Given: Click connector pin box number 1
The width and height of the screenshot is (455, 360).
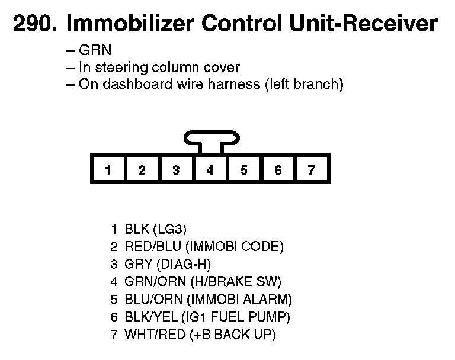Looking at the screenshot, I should pyautogui.click(x=108, y=171).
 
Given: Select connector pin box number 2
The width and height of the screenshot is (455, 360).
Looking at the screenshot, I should pyautogui.click(x=142, y=171).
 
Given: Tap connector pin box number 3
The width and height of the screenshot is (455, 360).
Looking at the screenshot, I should pyautogui.click(x=176, y=171).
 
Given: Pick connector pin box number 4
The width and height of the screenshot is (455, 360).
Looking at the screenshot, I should pyautogui.click(x=210, y=171).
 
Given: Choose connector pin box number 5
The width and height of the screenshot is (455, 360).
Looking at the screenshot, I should pyautogui.click(x=244, y=171).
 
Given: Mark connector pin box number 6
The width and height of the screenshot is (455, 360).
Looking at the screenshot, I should pyautogui.click(x=278, y=171).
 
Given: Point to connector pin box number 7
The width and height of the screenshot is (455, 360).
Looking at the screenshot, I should pyautogui.click(x=312, y=171).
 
